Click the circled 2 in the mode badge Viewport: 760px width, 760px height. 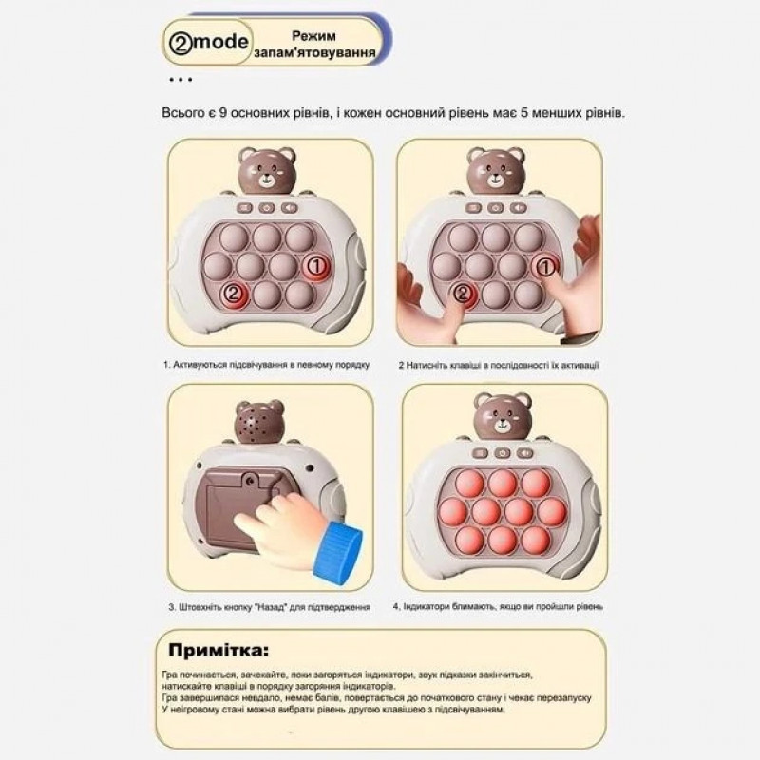tap(180, 43)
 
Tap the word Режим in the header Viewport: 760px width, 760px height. tap(313, 36)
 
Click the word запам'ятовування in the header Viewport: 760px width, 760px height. tap(315, 52)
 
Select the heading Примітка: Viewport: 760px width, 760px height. tap(218, 650)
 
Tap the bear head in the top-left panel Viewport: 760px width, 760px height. tap(266, 171)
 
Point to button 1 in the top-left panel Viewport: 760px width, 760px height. tap(316, 267)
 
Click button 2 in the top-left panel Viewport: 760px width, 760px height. tap(234, 294)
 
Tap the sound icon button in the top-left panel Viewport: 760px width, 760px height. tap(290, 208)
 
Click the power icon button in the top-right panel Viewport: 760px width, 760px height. tap(495, 208)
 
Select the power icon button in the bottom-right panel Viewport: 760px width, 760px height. tap(503, 453)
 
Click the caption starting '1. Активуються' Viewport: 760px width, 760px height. tap(267, 365)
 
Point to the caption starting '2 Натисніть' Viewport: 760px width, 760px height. tap(499, 365)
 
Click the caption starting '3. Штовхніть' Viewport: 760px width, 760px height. tap(270, 607)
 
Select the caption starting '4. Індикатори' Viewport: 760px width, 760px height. tap(498, 606)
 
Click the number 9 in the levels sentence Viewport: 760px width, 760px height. tap(222, 113)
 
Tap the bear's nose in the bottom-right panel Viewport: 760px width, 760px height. tap(503, 424)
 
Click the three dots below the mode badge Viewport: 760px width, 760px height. tap(180, 80)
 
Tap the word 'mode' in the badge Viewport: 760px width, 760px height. tap(220, 43)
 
